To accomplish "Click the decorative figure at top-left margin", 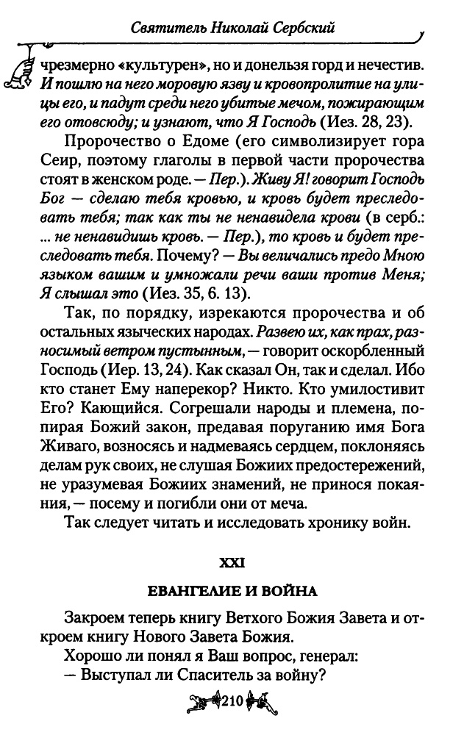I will coord(23,65).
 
